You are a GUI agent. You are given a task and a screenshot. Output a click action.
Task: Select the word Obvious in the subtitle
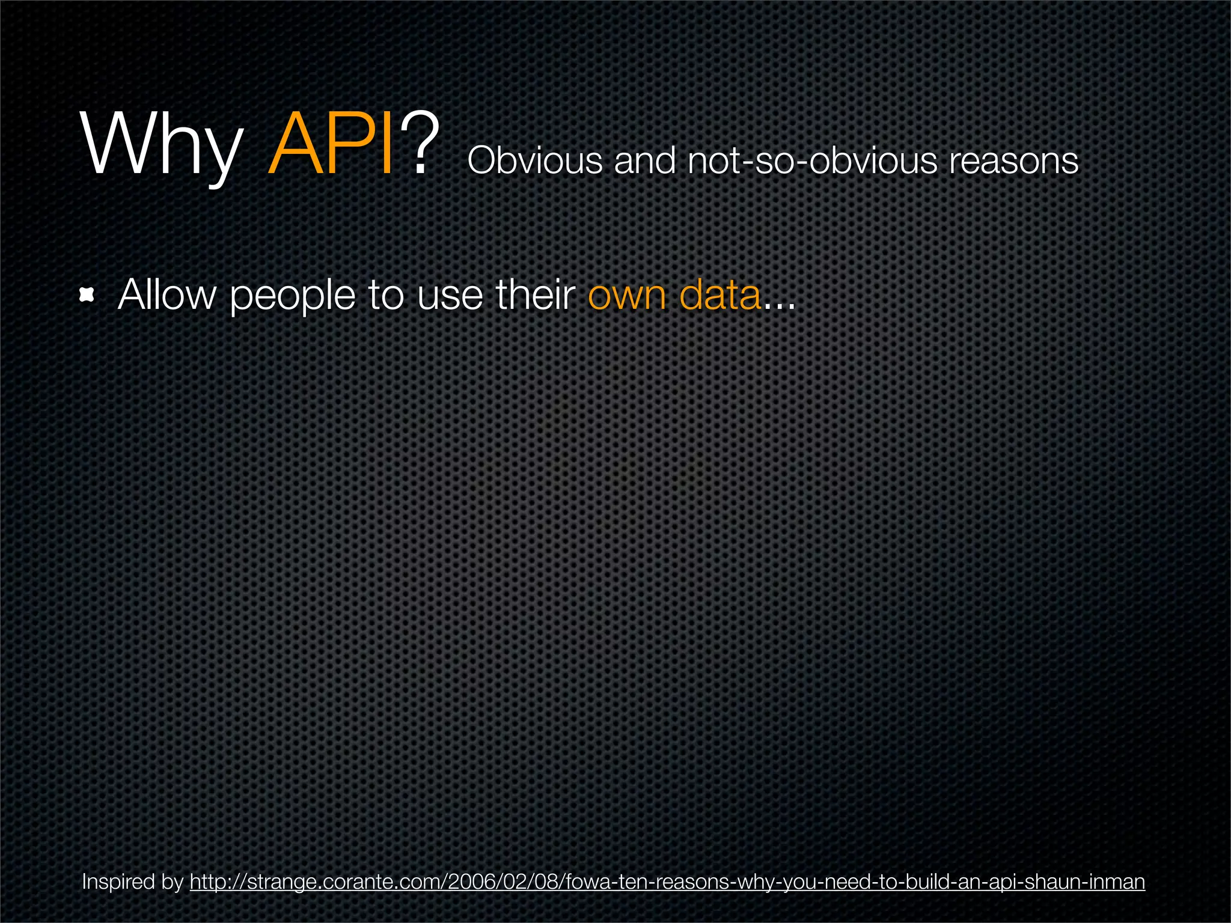click(534, 161)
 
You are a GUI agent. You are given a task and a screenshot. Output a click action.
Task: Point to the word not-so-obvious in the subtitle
click(811, 161)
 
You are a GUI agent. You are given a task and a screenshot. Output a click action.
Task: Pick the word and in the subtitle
click(644, 161)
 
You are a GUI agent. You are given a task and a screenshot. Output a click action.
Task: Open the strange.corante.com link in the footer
click(667, 882)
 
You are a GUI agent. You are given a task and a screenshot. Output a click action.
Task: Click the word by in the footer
click(172, 882)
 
